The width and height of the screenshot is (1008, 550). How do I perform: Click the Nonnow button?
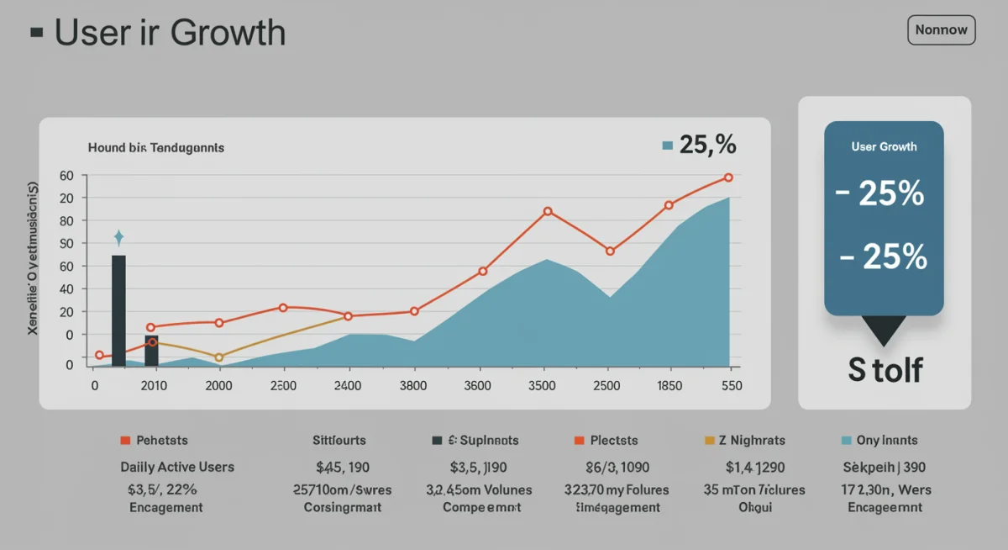tap(941, 30)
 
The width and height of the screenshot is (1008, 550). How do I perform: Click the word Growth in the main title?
tap(227, 33)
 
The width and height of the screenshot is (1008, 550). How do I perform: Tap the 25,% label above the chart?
tap(706, 145)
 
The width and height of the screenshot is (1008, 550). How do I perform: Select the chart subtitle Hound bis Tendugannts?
tap(155, 147)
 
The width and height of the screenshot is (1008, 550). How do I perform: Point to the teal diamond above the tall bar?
tap(118, 237)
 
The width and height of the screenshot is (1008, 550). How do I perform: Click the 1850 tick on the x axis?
tap(669, 386)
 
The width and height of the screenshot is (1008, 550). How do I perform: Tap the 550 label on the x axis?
tap(731, 386)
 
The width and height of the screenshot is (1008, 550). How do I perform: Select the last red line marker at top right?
tap(728, 177)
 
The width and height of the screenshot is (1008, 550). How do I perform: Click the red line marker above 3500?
tap(548, 212)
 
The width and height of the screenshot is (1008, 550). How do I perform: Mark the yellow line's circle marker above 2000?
tap(219, 357)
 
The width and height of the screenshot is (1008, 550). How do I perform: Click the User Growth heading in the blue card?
tap(884, 146)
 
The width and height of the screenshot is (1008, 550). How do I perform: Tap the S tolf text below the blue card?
tap(885, 370)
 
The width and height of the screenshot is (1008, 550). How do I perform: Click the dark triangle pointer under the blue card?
tap(884, 330)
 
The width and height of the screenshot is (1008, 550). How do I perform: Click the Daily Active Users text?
tap(177, 467)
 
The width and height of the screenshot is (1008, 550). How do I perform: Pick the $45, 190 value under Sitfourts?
tap(342, 467)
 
